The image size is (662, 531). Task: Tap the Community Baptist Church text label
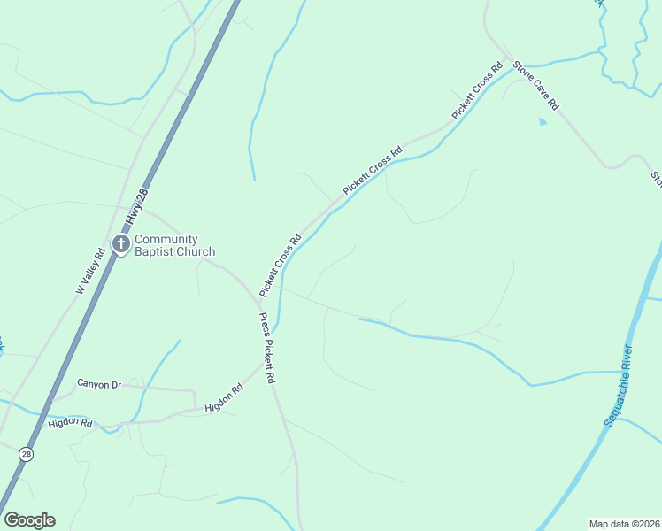coord(174,245)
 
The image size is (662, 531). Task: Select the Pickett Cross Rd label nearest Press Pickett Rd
coord(281,265)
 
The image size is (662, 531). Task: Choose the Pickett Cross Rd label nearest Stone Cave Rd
coord(477,91)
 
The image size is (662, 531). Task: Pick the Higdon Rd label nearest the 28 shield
coord(71,423)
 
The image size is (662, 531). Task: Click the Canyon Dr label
coord(98,384)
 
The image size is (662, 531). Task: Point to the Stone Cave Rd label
coord(536,84)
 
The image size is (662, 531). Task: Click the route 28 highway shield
coord(27,453)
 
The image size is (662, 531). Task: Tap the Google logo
coord(29,520)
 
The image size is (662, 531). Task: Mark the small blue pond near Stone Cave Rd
coord(543,122)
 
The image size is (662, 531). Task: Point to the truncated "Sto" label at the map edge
coord(656,179)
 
